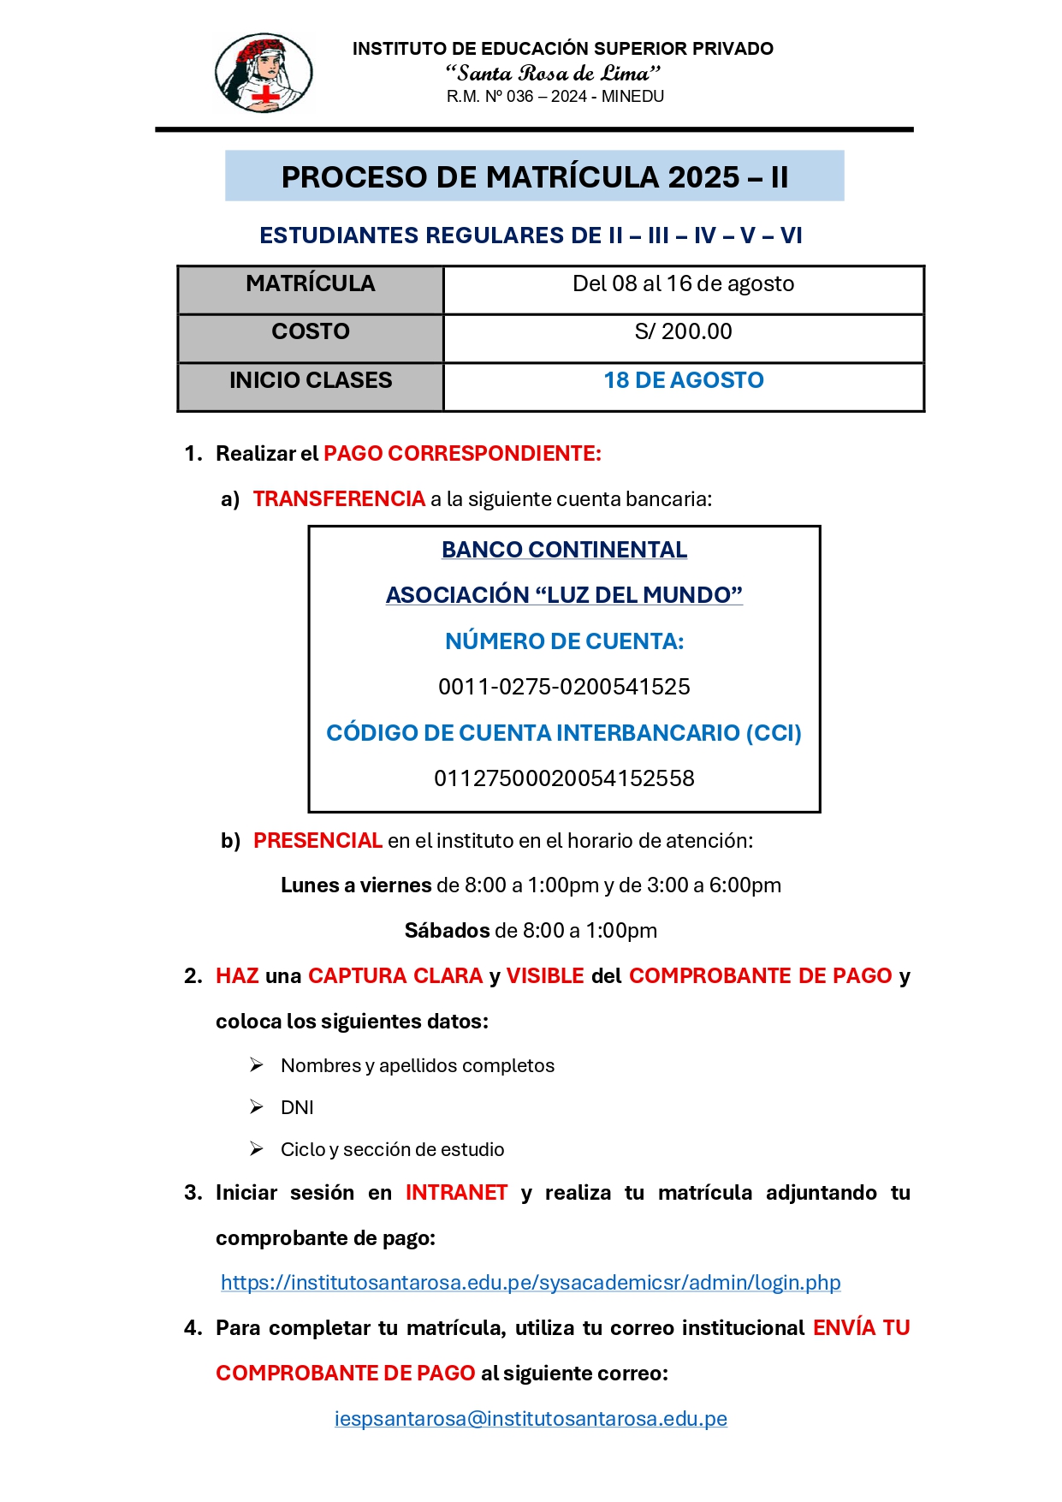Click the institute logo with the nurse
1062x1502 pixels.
pos(264,74)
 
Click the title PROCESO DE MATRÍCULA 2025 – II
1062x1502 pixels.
pos(534,176)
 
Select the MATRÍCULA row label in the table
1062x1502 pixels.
pos(310,284)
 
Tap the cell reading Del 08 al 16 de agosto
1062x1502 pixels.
pos(683,284)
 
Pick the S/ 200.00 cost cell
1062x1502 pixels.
pos(683,332)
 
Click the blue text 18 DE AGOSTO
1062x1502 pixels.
pos(683,380)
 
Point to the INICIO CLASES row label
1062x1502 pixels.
pos(310,380)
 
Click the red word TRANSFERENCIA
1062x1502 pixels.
pos(339,499)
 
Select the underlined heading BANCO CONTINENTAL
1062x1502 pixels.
pos(564,550)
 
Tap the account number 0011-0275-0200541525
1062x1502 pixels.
pos(564,687)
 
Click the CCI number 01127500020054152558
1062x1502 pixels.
pos(564,778)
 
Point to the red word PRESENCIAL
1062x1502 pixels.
pos(317,841)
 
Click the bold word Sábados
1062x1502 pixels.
pos(447,931)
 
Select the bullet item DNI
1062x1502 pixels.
pos(297,1108)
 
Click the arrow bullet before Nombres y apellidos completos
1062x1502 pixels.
pos(257,1065)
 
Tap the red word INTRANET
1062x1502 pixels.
pos(456,1193)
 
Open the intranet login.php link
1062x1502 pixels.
pos(531,1283)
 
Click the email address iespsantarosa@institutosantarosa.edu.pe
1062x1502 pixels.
pos(531,1419)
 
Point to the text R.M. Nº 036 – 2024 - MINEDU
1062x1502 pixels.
pos(555,97)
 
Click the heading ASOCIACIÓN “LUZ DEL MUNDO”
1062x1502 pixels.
pos(564,595)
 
